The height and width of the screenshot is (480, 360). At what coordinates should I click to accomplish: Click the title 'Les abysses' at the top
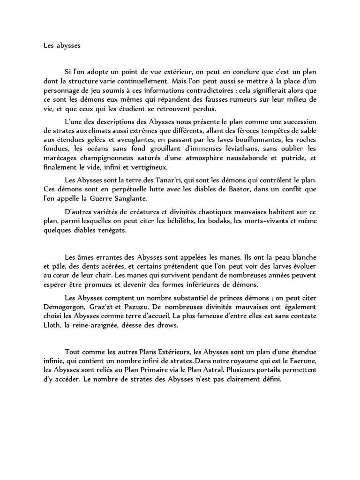pos(55,46)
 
